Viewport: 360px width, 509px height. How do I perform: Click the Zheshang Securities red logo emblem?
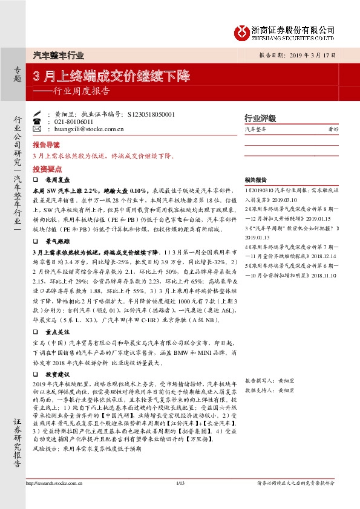243,31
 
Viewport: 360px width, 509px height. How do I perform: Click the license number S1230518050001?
152,114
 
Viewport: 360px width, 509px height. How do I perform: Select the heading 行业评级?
260,118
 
